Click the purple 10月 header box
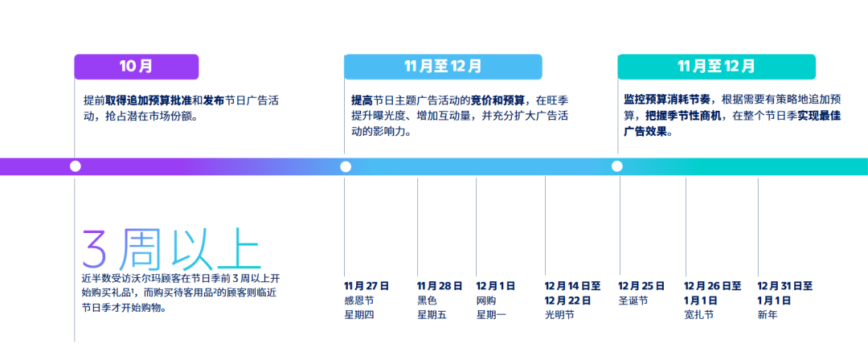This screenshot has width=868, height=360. click(136, 67)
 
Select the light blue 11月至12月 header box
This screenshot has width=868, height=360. click(443, 67)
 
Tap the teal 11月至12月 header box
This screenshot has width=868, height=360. click(716, 67)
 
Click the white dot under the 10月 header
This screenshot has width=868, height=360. click(76, 166)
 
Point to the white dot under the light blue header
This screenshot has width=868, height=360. click(346, 166)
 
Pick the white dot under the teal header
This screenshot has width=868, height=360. click(616, 166)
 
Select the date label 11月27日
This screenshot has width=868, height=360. click(366, 286)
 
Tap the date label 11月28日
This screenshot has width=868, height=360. click(440, 286)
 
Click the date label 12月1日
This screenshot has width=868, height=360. click(495, 286)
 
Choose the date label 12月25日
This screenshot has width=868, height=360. click(641, 286)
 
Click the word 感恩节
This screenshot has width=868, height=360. click(358, 301)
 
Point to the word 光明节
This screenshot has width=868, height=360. click(559, 314)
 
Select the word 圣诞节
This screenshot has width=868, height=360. click(633, 301)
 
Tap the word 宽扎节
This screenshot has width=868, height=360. click(699, 314)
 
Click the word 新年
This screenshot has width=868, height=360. click(768, 314)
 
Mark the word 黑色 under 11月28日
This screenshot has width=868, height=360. click(427, 301)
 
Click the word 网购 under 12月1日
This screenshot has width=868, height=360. click(486, 301)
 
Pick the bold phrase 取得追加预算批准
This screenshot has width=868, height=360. click(149, 100)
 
